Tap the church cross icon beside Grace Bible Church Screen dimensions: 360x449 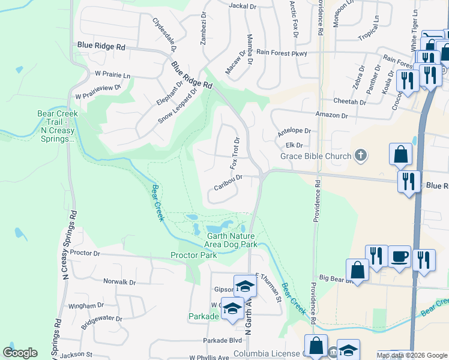click(x=360, y=156)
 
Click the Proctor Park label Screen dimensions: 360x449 click(x=193, y=256)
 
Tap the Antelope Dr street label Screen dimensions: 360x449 click(x=294, y=131)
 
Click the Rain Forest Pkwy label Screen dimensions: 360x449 click(x=282, y=53)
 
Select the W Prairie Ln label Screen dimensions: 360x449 click(x=112, y=75)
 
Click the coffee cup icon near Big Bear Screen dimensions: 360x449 click(x=399, y=257)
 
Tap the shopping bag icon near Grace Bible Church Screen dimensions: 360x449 click(x=400, y=155)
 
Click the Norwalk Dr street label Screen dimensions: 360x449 click(x=119, y=282)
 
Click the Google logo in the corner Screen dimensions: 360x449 click(x=20, y=353)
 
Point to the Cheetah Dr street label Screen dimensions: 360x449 click(x=349, y=103)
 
